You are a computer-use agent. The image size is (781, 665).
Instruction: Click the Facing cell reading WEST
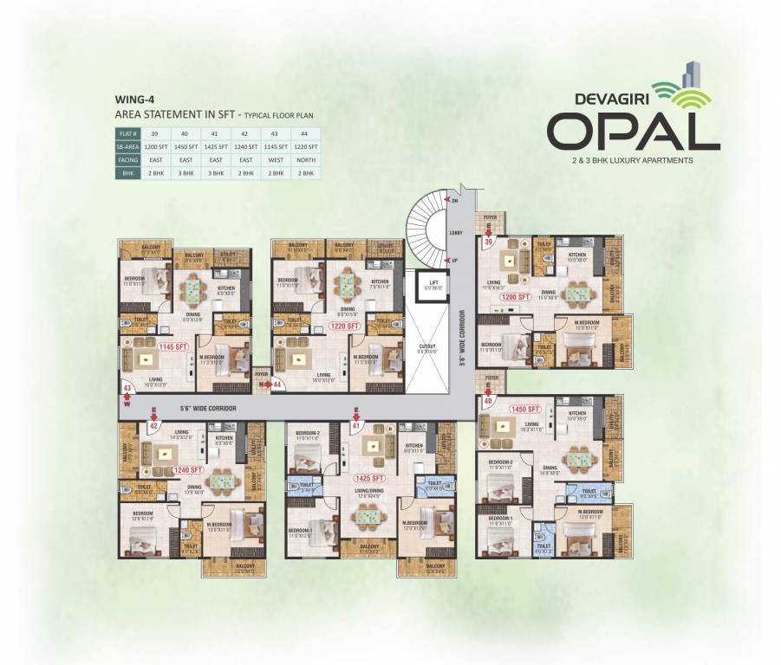[x=275, y=160]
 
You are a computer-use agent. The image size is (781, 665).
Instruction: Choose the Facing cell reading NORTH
[x=304, y=160]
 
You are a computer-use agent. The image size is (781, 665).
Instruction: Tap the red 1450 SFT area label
[x=525, y=408]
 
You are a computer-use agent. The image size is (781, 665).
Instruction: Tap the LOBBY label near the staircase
[x=456, y=232]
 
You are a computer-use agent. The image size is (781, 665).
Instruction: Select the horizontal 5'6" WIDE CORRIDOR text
[x=208, y=407]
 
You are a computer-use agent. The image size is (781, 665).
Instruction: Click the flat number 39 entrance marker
[x=488, y=242]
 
